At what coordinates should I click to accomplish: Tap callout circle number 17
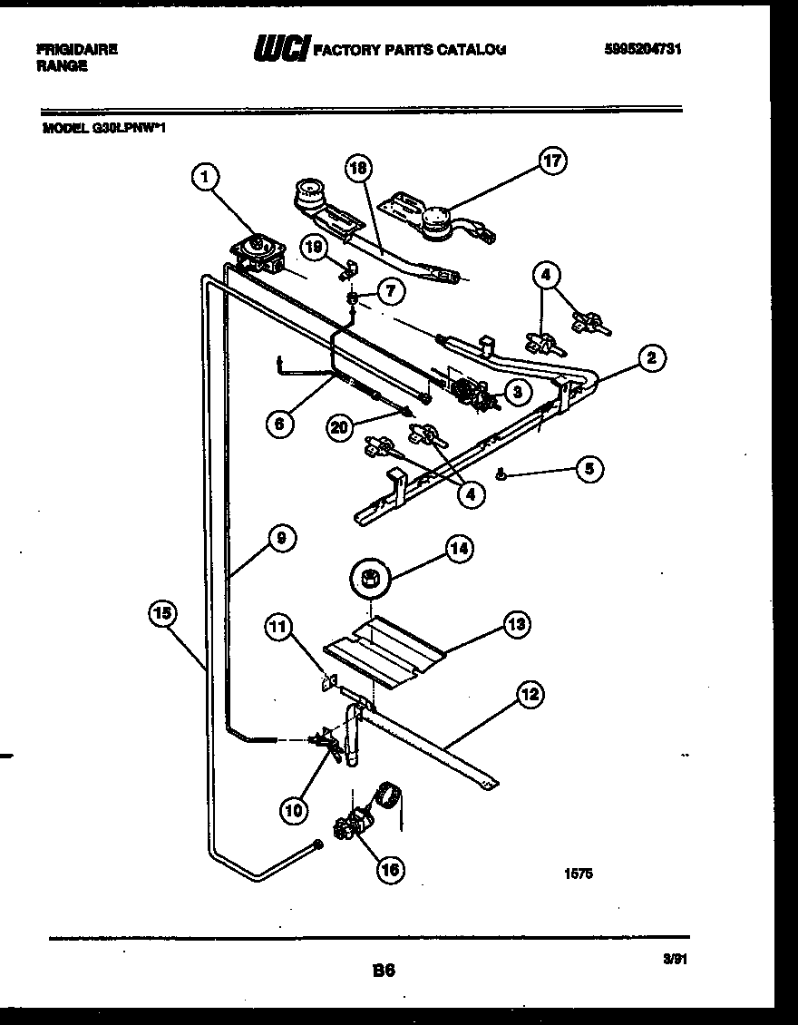pyautogui.click(x=552, y=162)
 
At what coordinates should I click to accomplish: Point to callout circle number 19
pyautogui.click(x=313, y=246)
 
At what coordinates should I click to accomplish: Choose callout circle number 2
pyautogui.click(x=650, y=357)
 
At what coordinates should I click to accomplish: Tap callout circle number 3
pyautogui.click(x=516, y=391)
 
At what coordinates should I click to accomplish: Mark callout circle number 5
pyautogui.click(x=589, y=469)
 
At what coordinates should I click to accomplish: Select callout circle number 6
pyautogui.click(x=280, y=423)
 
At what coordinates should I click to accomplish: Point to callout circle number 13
pyautogui.click(x=517, y=624)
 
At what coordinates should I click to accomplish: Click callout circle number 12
pyautogui.click(x=530, y=696)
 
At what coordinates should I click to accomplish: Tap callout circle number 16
pyautogui.click(x=389, y=870)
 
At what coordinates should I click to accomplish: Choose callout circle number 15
pyautogui.click(x=162, y=613)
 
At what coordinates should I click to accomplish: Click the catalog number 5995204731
pyautogui.click(x=641, y=50)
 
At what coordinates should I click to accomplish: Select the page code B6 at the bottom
pyautogui.click(x=384, y=970)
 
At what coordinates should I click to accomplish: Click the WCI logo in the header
pyautogui.click(x=280, y=48)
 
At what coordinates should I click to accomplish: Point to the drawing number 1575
pyautogui.click(x=580, y=876)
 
